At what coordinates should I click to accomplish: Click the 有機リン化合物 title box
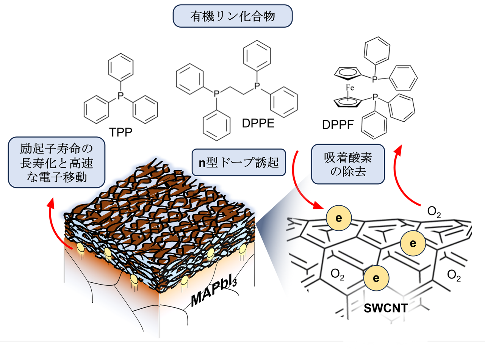click(232, 16)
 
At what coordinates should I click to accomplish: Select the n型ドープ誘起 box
click(239, 163)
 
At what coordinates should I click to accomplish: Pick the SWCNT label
click(386, 308)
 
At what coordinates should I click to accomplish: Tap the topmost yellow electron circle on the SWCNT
click(338, 218)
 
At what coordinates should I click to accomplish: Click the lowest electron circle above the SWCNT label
click(376, 278)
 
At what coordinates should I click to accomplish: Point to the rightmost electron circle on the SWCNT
click(413, 243)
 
